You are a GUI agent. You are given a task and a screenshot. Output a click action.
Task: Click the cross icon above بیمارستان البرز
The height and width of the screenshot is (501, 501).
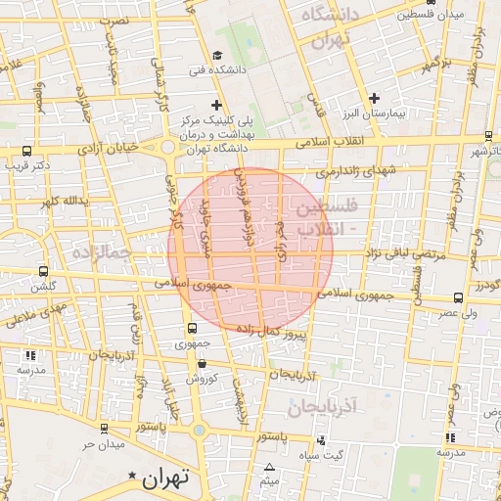click(375, 98)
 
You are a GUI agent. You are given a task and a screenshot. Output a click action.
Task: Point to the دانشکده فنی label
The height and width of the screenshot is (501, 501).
click(217, 69)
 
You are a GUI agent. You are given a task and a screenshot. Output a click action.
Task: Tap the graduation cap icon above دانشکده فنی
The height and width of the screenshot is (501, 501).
click(217, 55)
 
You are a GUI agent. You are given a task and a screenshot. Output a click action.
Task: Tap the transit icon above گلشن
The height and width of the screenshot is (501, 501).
click(43, 271)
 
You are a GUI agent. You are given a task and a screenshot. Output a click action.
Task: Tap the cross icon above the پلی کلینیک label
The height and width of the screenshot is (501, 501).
click(216, 105)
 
